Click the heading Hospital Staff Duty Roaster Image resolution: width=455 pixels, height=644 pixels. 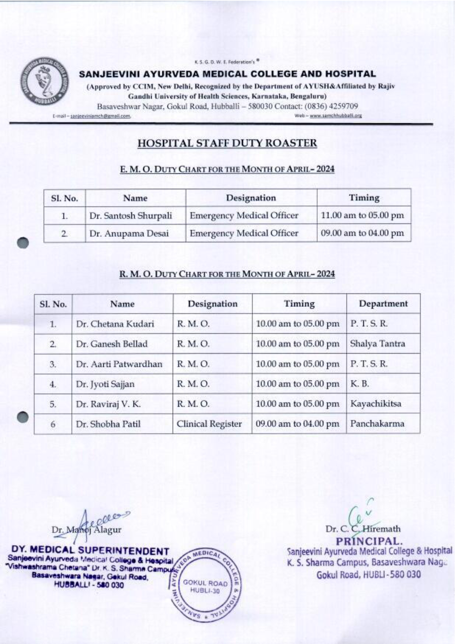point(227,143)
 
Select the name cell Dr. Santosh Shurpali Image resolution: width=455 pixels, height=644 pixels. point(130,216)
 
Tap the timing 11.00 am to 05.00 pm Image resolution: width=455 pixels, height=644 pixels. point(362,215)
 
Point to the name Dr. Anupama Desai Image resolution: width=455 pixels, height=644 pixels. point(129,233)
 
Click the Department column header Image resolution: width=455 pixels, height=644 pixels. point(383,304)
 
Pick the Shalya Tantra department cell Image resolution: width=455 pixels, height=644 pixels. point(377,344)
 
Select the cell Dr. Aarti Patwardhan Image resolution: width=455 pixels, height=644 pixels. point(119,364)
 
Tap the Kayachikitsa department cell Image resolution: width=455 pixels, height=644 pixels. point(375,404)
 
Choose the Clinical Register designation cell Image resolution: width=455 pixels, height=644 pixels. point(209,424)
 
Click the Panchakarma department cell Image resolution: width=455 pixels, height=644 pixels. point(377,424)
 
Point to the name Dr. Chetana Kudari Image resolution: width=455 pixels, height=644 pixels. point(115,324)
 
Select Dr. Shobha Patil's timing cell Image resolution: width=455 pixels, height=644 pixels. point(297,424)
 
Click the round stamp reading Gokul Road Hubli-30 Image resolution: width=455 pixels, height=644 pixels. point(205,587)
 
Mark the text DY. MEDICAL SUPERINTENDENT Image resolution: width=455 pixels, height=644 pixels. point(90,551)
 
